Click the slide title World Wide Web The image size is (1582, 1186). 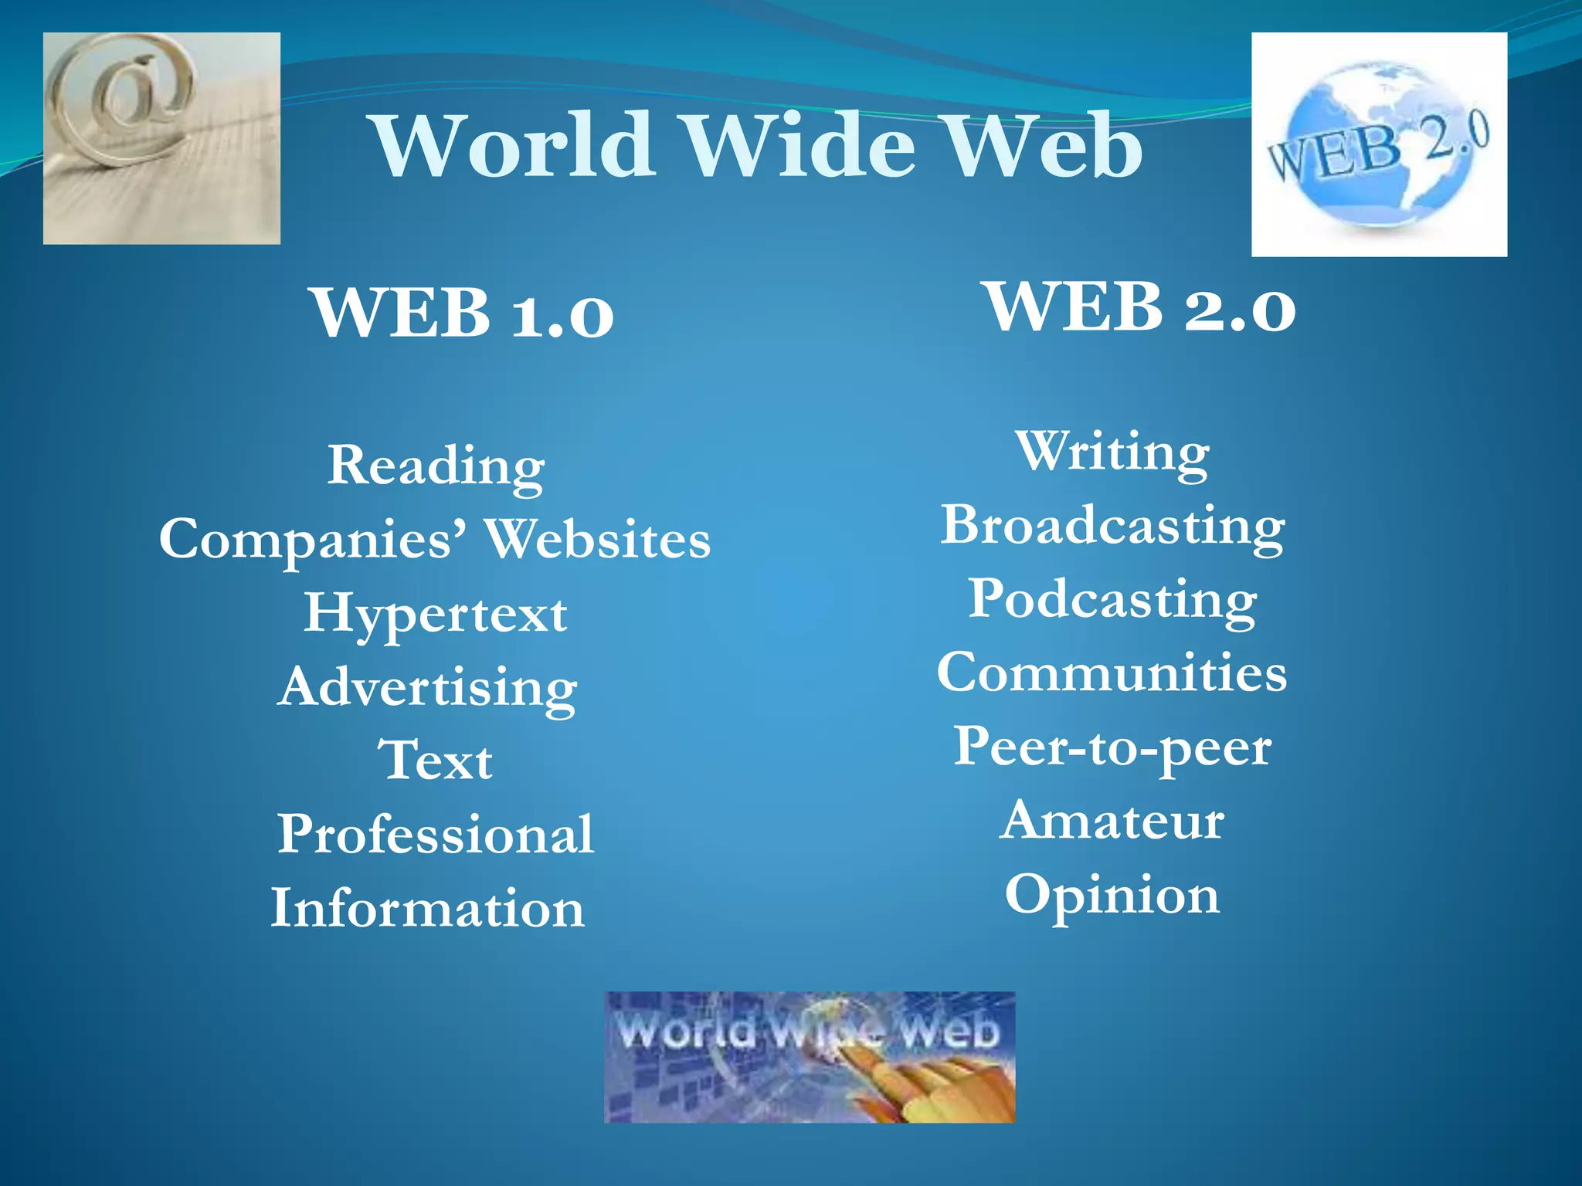[x=758, y=145]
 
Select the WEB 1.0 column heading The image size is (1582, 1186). [x=463, y=313]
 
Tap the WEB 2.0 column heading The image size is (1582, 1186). [x=1141, y=307]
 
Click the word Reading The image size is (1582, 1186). [x=436, y=466]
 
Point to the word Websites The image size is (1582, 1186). [x=598, y=539]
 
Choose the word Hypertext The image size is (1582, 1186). [x=436, y=614]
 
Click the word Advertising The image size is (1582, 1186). [x=428, y=687]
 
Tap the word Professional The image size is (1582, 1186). [x=436, y=834]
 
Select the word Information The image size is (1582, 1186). [x=427, y=908]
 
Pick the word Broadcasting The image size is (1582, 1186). [x=1112, y=526]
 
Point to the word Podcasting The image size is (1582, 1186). [x=1112, y=599]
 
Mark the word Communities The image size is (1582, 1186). [x=1112, y=673]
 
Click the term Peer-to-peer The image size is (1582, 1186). [x=1112, y=747]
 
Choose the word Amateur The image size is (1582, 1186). [x=1112, y=820]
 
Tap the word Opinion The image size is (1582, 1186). [x=1112, y=895]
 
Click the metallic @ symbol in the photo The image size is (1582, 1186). [x=124, y=97]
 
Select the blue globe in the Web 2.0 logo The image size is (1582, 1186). [x=1383, y=143]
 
